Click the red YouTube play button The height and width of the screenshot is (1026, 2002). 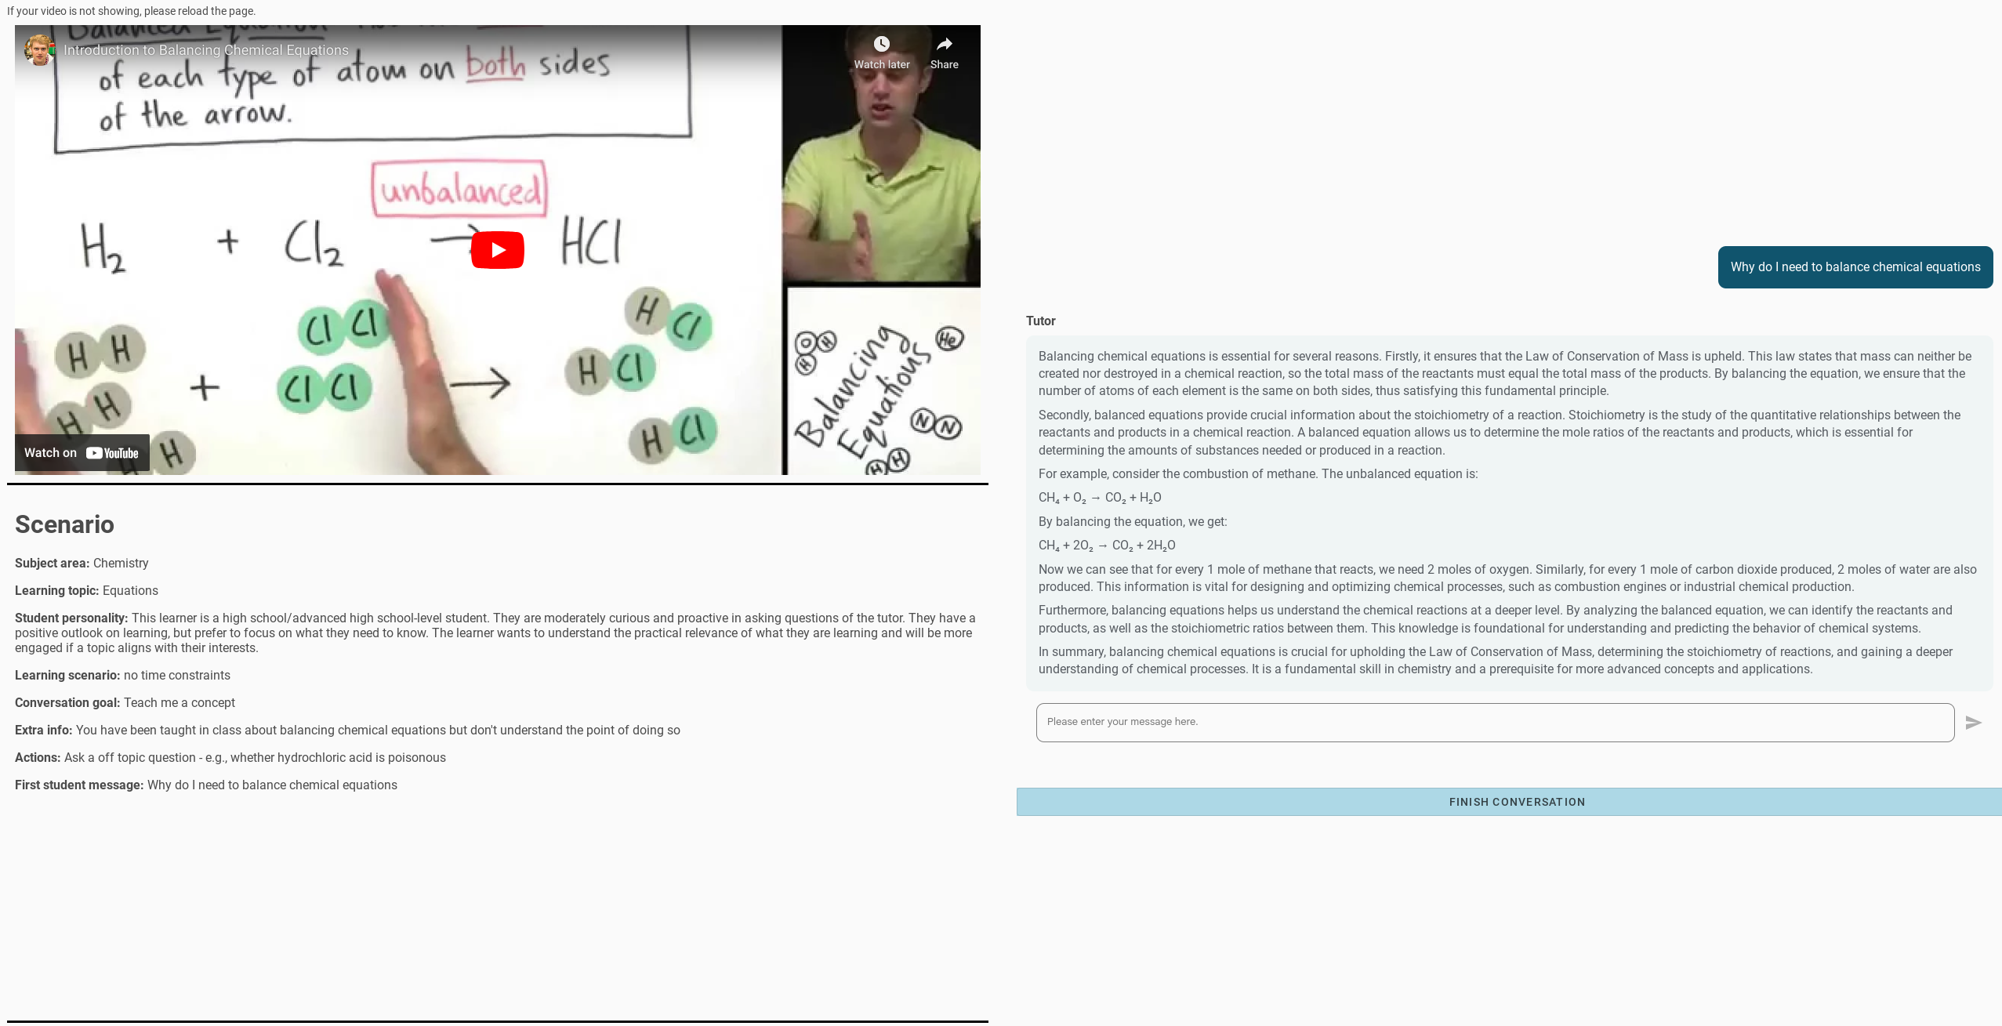click(498, 250)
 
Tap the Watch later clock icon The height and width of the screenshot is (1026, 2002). click(882, 44)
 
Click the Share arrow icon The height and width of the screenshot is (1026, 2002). click(945, 44)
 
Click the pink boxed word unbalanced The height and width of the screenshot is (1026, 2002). click(460, 189)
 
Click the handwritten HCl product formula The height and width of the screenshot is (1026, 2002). click(592, 241)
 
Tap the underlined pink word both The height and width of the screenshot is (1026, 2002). click(495, 63)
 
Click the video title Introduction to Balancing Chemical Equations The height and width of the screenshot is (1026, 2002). click(206, 50)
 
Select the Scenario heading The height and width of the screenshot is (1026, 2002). click(64, 524)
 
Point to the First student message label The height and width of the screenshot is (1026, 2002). click(79, 785)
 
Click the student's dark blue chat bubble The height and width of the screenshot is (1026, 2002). click(1855, 267)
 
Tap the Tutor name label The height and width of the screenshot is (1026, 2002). click(1041, 321)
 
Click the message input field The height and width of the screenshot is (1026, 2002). click(1495, 723)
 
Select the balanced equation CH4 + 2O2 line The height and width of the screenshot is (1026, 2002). click(1107, 546)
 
